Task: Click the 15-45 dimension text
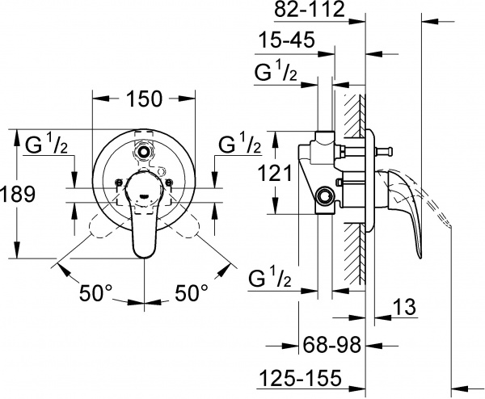tap(286, 40)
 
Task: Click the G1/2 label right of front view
tap(239, 146)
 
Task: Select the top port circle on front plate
tap(145, 149)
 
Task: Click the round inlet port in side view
tap(326, 195)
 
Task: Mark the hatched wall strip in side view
tap(353, 194)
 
